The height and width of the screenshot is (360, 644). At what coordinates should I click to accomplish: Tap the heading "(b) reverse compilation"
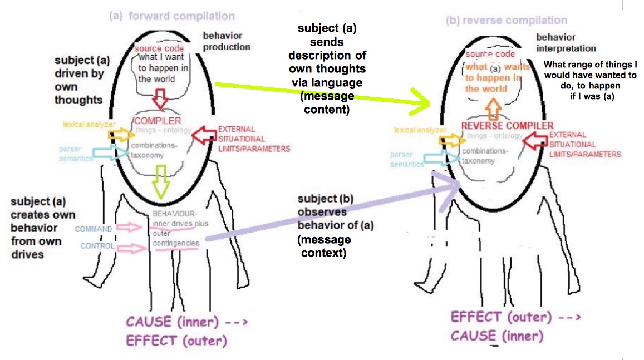point(507,21)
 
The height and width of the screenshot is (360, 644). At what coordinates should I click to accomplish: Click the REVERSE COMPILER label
point(507,125)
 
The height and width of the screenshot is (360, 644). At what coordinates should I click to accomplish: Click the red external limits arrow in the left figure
point(202,134)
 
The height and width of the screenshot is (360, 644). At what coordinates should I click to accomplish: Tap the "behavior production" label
point(227,42)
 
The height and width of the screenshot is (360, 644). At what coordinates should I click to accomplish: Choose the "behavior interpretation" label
point(566,43)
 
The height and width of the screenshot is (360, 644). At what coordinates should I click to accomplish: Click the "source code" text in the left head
point(159,48)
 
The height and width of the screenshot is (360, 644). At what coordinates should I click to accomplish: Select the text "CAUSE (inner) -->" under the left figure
point(186,321)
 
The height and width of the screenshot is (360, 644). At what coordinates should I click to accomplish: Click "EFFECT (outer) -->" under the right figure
point(515,317)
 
